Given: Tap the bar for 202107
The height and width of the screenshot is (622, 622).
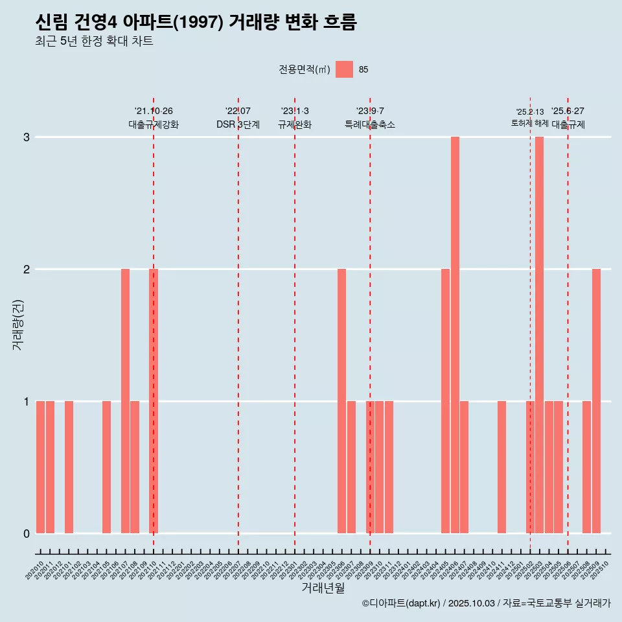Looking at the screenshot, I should tap(125, 401).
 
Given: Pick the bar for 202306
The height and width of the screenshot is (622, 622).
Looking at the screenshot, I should tap(341, 401).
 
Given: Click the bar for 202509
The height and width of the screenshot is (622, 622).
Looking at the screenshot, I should tap(596, 401).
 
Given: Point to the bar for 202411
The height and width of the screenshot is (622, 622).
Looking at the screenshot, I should tap(501, 467).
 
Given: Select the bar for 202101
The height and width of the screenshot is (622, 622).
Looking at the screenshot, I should tap(69, 467).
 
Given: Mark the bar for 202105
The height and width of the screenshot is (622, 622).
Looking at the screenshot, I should tap(106, 467).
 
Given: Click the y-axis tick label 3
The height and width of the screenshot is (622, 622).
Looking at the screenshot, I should tap(27, 137).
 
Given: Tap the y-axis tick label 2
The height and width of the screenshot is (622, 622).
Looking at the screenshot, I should tap(27, 270).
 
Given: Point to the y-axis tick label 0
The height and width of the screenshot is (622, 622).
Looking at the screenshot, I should tap(27, 534).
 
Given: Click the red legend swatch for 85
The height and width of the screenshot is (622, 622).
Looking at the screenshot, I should tap(344, 69).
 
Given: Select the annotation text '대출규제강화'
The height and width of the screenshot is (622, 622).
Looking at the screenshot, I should tap(154, 124).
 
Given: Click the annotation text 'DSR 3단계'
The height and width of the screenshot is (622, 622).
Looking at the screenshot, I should tap(238, 124).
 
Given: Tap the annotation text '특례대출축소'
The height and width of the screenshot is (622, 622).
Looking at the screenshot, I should tap(369, 124).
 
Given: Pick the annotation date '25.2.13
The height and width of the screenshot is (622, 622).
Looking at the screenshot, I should tap(530, 112).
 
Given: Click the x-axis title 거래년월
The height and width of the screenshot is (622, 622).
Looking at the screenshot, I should tap(323, 588).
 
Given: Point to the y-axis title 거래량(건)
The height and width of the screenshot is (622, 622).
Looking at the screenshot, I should tap(17, 324).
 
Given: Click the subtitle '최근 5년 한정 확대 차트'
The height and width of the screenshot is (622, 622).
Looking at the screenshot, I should tap(95, 41).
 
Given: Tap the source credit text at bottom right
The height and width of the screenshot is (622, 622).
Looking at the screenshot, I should tap(486, 603).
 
